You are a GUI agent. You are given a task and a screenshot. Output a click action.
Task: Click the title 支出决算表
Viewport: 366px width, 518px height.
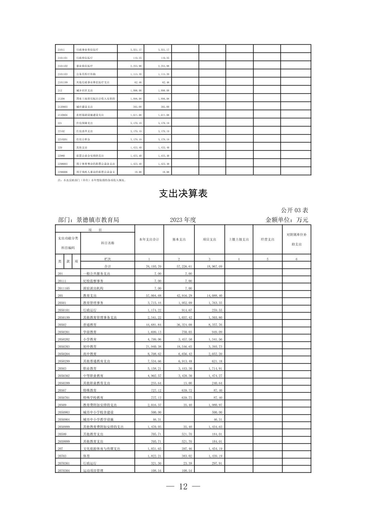tap(183, 194)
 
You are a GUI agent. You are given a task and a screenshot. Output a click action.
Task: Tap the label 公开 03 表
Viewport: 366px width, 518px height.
tap(294, 210)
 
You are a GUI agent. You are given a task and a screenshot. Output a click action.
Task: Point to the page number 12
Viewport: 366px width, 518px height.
tap(183, 486)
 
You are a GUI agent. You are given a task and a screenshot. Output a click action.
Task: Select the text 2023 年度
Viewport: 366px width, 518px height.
tap(183, 220)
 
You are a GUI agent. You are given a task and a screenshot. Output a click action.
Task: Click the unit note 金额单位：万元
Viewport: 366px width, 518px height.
tap(287, 220)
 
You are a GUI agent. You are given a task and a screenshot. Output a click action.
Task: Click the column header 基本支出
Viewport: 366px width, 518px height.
tap(179, 239)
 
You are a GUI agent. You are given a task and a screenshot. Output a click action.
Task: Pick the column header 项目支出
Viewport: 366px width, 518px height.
tap(209, 239)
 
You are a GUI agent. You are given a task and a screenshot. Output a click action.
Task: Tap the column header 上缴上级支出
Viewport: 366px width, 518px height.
tap(239, 239)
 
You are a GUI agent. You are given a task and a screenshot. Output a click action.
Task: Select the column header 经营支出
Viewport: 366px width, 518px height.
tap(268, 239)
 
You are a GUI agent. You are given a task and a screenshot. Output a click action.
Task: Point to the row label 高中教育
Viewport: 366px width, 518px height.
tap(90, 354)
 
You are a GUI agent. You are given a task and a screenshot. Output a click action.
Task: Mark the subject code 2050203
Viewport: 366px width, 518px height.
tap(64, 347)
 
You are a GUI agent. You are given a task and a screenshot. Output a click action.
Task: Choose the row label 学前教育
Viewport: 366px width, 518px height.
tap(90, 332)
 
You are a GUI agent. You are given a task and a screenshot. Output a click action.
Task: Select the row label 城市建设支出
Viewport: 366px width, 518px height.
tap(85, 107)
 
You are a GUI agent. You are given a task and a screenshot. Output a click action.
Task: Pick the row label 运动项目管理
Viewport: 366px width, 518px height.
tap(93, 471)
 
